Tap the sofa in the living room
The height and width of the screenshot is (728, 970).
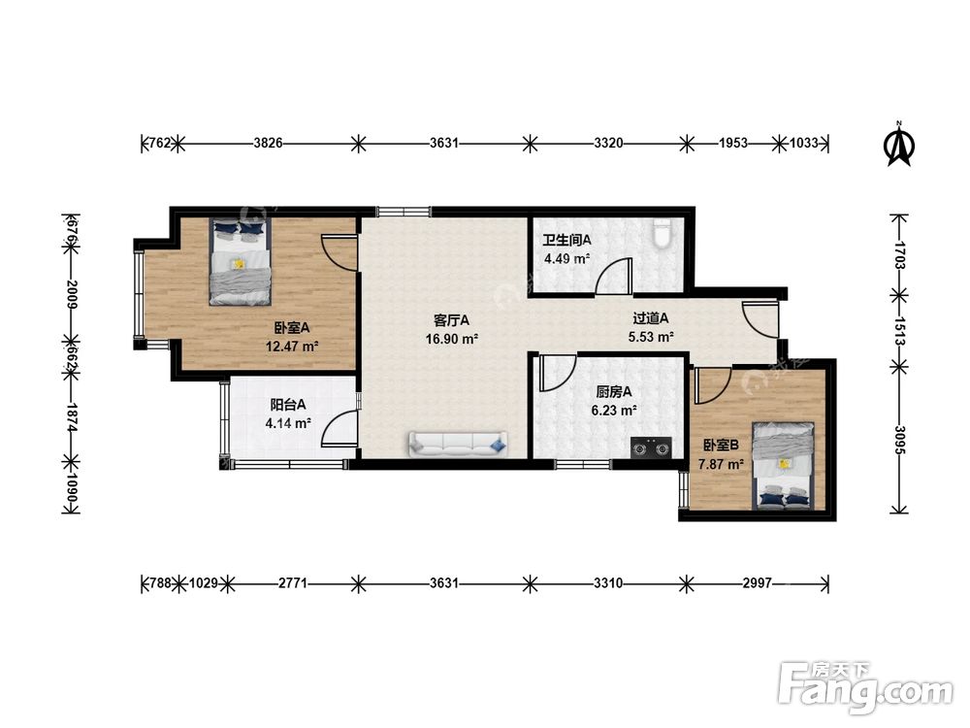pos(458,445)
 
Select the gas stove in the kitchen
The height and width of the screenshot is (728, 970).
pos(651,447)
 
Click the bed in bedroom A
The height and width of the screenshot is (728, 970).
pos(240,262)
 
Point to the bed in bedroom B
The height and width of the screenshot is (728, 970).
pos(783,466)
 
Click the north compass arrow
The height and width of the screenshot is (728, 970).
pos(899,144)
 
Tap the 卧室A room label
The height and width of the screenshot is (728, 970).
pos(291,327)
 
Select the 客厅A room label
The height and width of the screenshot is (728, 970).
pos(451,320)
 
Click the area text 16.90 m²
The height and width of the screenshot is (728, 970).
pos(452,339)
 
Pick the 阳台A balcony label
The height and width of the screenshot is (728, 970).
pos(288,405)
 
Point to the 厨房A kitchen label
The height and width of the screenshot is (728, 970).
pos(614,391)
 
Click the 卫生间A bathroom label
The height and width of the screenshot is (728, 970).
pos(566,240)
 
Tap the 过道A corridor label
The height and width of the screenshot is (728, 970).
pos(650,318)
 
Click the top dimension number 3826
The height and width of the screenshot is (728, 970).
pos(268,144)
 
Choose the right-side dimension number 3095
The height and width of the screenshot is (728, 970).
pos(900,440)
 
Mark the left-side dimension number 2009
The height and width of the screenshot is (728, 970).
pos(71,295)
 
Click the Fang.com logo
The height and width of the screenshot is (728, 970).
pos(865,687)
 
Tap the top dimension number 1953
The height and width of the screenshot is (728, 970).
pos(733,144)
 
